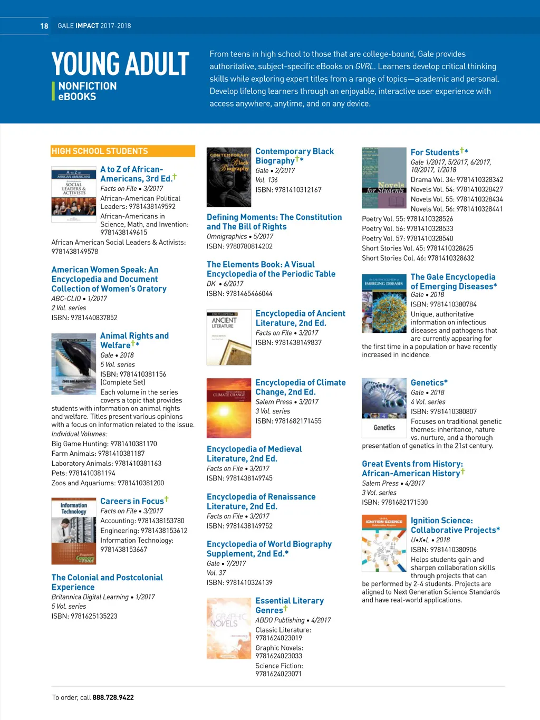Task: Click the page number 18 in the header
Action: pyautogui.click(x=44, y=26)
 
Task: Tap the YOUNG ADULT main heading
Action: pyautogui.click(x=120, y=64)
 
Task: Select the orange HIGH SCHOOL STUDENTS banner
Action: pyautogui.click(x=123, y=151)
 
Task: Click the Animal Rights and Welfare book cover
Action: pyautogui.click(x=73, y=364)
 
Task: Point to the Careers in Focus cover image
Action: pyautogui.click(x=73, y=531)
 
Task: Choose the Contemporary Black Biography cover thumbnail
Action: pyautogui.click(x=229, y=177)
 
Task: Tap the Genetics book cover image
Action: pyautogui.click(x=384, y=408)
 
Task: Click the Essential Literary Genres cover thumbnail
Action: pyautogui.click(x=229, y=628)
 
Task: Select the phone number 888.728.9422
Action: pyautogui.click(x=113, y=697)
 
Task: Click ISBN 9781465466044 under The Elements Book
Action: pyautogui.click(x=239, y=294)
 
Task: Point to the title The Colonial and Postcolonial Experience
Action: pyautogui.click(x=107, y=582)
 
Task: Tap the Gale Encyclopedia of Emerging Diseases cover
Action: pyautogui.click(x=384, y=304)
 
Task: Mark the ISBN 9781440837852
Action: pyautogui.click(x=84, y=318)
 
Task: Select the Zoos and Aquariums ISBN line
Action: pyautogui.click(x=108, y=483)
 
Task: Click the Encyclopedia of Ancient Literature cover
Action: pyautogui.click(x=229, y=338)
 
